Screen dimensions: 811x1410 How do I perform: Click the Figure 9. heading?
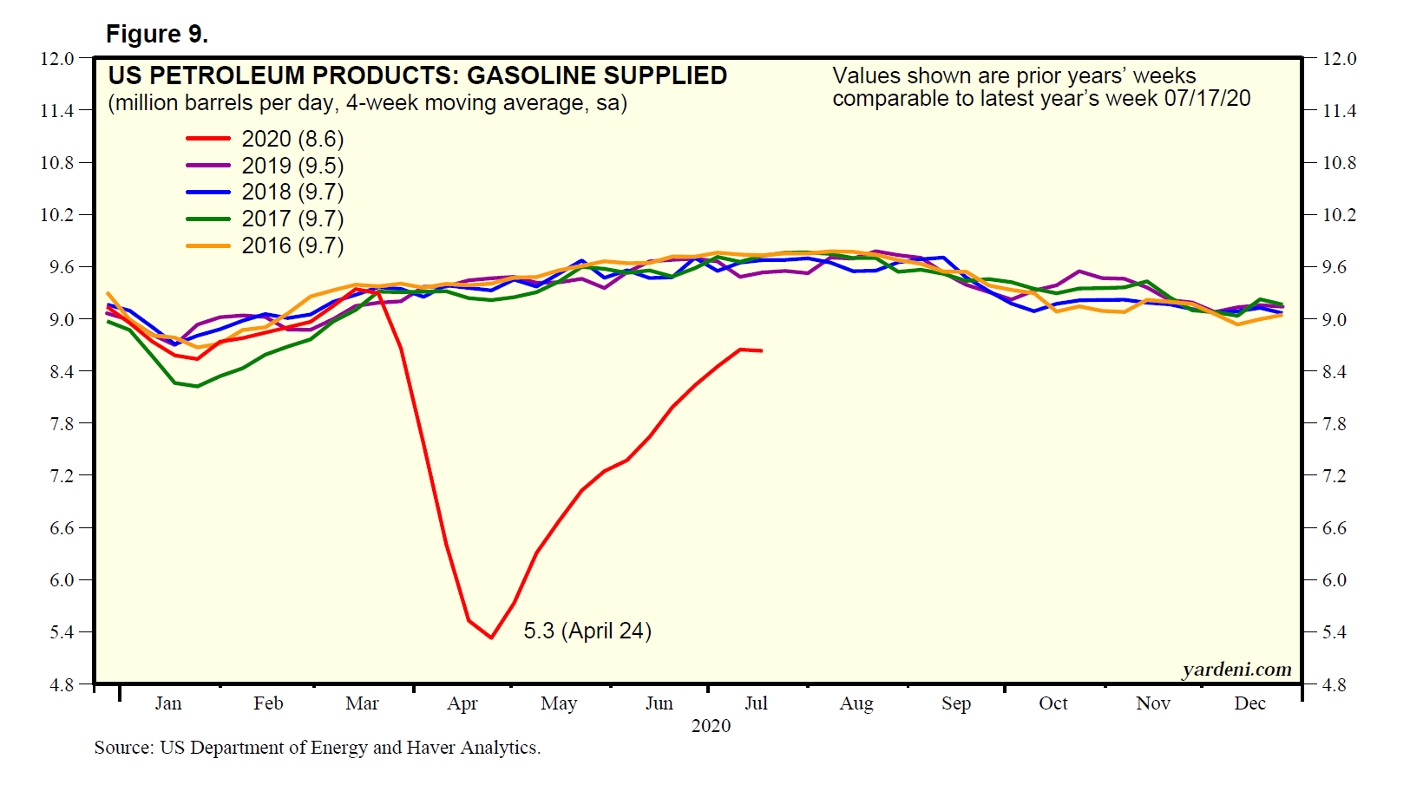point(157,34)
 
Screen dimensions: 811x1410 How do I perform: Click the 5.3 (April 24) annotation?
point(587,631)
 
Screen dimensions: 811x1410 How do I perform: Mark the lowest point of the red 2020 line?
point(492,638)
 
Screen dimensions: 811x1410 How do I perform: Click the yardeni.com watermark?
point(1236,669)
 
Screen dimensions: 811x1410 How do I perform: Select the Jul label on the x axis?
point(756,703)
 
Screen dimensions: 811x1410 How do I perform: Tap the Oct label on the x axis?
point(1053,703)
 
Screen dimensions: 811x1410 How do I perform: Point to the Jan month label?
point(168,703)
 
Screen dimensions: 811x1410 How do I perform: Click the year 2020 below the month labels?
point(711,725)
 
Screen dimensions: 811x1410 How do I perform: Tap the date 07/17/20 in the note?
point(1207,98)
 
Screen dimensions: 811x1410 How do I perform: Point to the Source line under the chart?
point(318,748)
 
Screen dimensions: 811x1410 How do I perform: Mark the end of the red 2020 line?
point(762,350)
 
